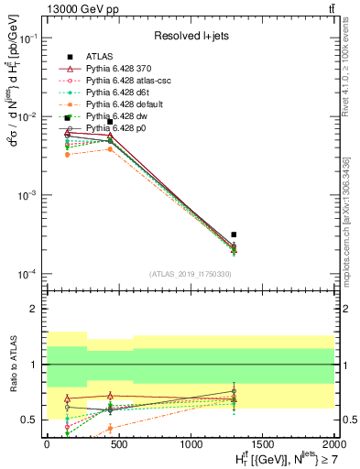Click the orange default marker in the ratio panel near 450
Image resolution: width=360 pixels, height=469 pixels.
pyautogui.click(x=110, y=428)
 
